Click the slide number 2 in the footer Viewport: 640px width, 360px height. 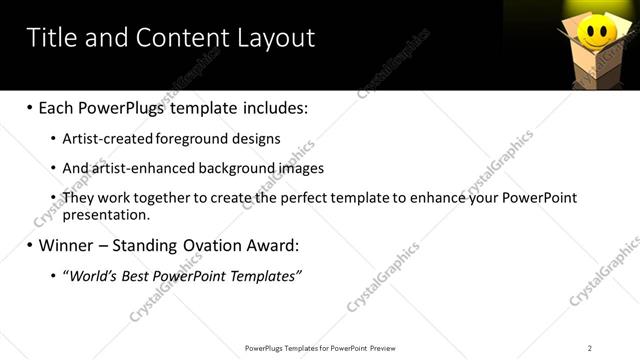[x=590, y=347]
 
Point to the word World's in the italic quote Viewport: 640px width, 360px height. [x=94, y=275]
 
